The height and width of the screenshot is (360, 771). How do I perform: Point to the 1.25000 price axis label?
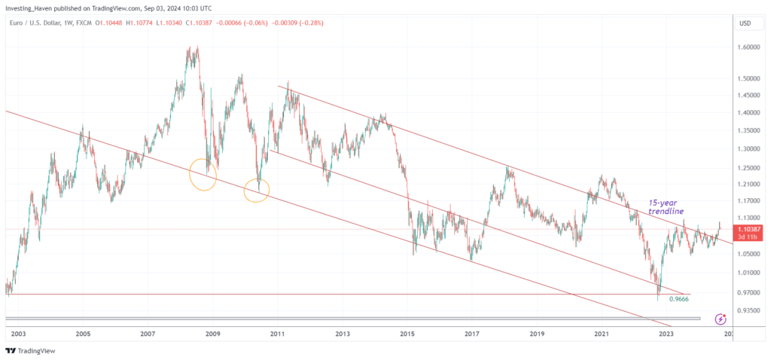751,167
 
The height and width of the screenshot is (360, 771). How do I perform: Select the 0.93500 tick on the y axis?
751,310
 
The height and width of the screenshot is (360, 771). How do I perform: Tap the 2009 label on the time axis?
213,333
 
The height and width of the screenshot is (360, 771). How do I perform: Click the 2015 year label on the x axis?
407,333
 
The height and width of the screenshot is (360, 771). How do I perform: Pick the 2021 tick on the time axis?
602,333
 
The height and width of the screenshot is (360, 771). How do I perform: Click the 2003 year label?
19,333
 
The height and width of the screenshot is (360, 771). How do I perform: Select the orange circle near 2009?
202,174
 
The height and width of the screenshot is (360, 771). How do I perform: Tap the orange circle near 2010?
258,191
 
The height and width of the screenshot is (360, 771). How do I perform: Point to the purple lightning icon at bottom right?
721,319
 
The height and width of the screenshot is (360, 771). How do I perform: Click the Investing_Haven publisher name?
32,7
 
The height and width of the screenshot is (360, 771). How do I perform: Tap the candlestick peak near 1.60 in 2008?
196,47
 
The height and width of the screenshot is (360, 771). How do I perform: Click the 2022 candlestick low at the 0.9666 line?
658,297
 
